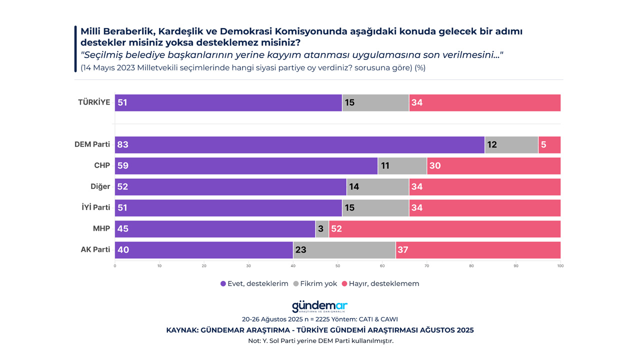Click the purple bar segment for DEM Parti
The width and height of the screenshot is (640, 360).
[300, 145]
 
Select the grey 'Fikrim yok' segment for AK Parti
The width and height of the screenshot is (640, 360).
[344, 250]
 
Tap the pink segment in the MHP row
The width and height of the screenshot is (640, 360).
[444, 229]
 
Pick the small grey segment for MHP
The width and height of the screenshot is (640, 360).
[322, 229]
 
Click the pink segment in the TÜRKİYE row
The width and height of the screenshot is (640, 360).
[484, 103]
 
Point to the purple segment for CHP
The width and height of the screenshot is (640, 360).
[246, 166]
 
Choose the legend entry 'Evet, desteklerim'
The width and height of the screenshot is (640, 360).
[254, 283]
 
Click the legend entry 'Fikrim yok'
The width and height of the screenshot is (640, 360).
[315, 283]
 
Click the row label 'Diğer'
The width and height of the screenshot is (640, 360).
[100, 186]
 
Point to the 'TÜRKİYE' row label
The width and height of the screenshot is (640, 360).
[94, 102]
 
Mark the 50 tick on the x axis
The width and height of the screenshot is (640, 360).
[337, 266]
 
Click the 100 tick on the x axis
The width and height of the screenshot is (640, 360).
[560, 266]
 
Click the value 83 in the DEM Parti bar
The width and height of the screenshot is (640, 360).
[123, 145]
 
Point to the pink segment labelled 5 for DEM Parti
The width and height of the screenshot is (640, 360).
[549, 145]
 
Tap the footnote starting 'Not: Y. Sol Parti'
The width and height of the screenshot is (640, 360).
[320, 341]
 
